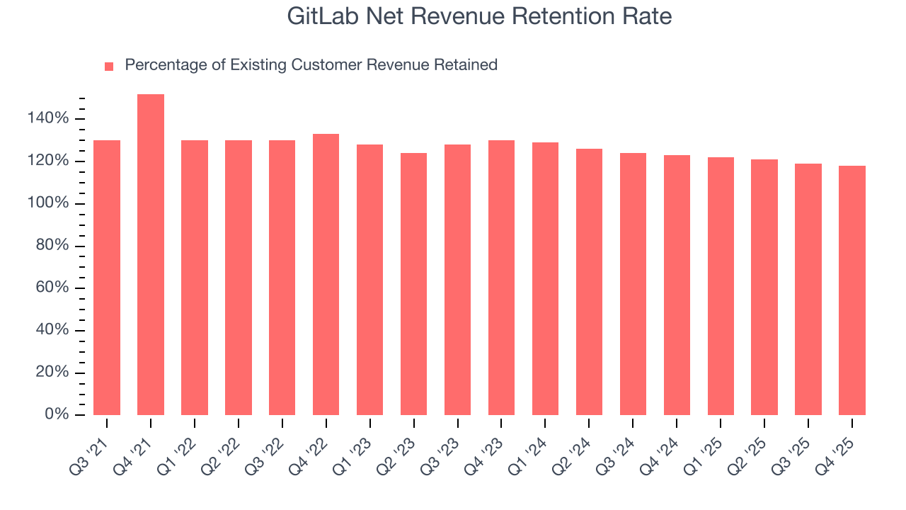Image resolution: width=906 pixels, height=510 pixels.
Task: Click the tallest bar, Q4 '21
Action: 151,255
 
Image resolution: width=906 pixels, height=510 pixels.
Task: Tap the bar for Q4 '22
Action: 326,275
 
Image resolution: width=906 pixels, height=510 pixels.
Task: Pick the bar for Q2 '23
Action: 413,284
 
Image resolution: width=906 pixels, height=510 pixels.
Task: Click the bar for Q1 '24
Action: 545,279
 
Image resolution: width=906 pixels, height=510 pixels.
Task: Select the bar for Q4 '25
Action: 851,290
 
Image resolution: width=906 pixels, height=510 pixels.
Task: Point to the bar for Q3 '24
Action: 633,284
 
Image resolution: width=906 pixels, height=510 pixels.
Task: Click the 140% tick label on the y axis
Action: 49,118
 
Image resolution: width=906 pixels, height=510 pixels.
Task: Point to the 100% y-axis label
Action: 49,203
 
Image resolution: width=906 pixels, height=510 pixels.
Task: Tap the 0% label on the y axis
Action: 57,414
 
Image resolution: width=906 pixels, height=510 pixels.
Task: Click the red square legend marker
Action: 109,67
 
